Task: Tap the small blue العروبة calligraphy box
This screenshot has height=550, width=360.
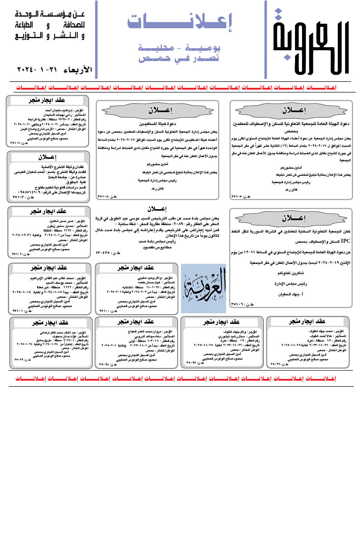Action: [x=204, y=288]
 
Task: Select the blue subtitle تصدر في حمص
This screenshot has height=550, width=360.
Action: [x=179, y=58]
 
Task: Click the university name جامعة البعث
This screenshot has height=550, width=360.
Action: [x=58, y=177]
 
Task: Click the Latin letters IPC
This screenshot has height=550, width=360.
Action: [x=346, y=241]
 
